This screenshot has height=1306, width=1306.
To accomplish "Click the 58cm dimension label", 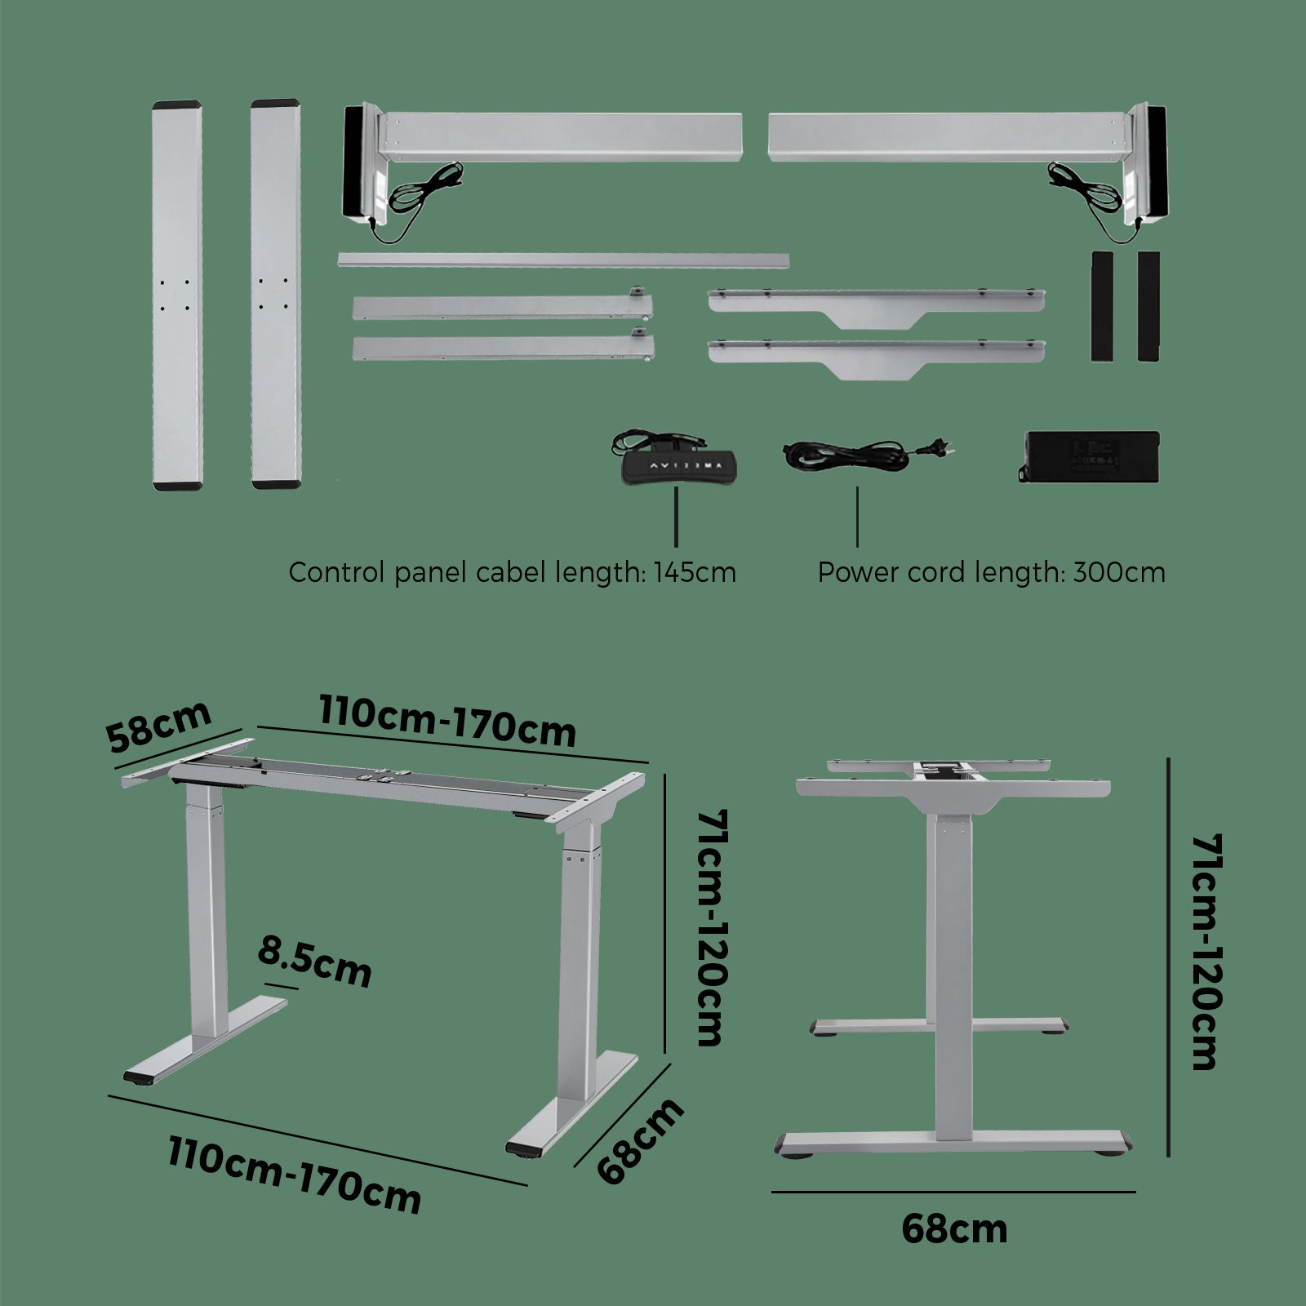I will [159, 726].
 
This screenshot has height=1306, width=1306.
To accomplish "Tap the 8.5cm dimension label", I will [314, 962].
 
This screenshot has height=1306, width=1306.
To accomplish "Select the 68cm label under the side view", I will [954, 1228].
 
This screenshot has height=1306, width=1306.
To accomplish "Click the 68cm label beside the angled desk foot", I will [641, 1140].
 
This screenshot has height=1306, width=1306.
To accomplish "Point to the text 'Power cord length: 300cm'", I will [991, 572].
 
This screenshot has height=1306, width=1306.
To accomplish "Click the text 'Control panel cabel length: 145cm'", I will [512, 572].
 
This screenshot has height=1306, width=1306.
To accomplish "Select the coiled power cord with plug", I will [865, 452].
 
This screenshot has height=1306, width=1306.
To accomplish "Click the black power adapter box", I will [1090, 456].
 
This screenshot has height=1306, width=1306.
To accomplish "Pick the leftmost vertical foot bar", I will [177, 295].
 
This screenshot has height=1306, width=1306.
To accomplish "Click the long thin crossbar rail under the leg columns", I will [563, 260].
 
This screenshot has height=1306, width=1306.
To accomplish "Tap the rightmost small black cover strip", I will [1148, 306].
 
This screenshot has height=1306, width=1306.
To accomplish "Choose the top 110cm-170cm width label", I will [447, 721].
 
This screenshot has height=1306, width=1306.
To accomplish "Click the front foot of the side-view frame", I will [953, 1142].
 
